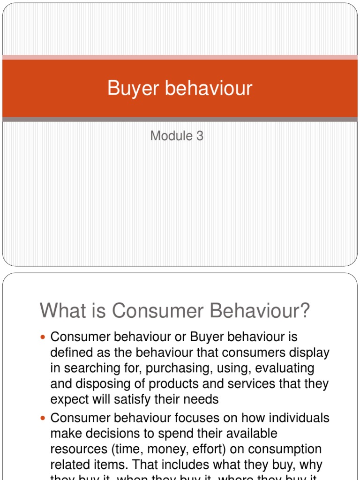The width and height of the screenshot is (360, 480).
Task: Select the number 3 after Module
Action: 200,136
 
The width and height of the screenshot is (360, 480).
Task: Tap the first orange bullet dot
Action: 44,337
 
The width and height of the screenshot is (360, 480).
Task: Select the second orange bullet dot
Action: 44,418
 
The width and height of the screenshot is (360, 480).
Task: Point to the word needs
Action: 201,399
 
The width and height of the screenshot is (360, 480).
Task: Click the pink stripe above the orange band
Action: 180,57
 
